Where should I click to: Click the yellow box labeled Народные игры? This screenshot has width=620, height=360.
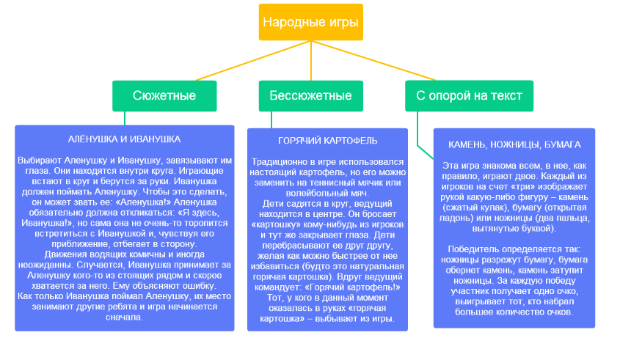tap(311, 22)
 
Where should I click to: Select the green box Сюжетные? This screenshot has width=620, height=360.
tap(164, 96)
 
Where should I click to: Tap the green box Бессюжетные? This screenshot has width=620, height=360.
tap(311, 96)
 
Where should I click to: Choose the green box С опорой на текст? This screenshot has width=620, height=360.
tap(469, 96)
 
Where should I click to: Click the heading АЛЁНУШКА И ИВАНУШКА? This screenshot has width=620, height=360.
tap(124, 139)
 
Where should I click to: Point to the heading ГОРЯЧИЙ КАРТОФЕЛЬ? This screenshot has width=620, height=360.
tap(327, 141)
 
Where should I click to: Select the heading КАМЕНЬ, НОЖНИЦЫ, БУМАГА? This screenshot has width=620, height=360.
tap(514, 144)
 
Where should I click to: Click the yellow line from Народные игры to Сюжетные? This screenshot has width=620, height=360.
tap(253, 60)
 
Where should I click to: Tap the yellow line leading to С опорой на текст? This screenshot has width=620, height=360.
tap(373, 60)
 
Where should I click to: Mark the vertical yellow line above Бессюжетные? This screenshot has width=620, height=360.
tap(311, 60)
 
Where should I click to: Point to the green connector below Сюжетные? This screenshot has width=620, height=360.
tap(125, 118)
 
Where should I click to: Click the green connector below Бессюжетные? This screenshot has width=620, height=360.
tap(271, 120)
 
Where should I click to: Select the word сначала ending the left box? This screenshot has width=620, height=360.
tap(124, 317)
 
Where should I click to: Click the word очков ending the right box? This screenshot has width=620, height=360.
tap(560, 312)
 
